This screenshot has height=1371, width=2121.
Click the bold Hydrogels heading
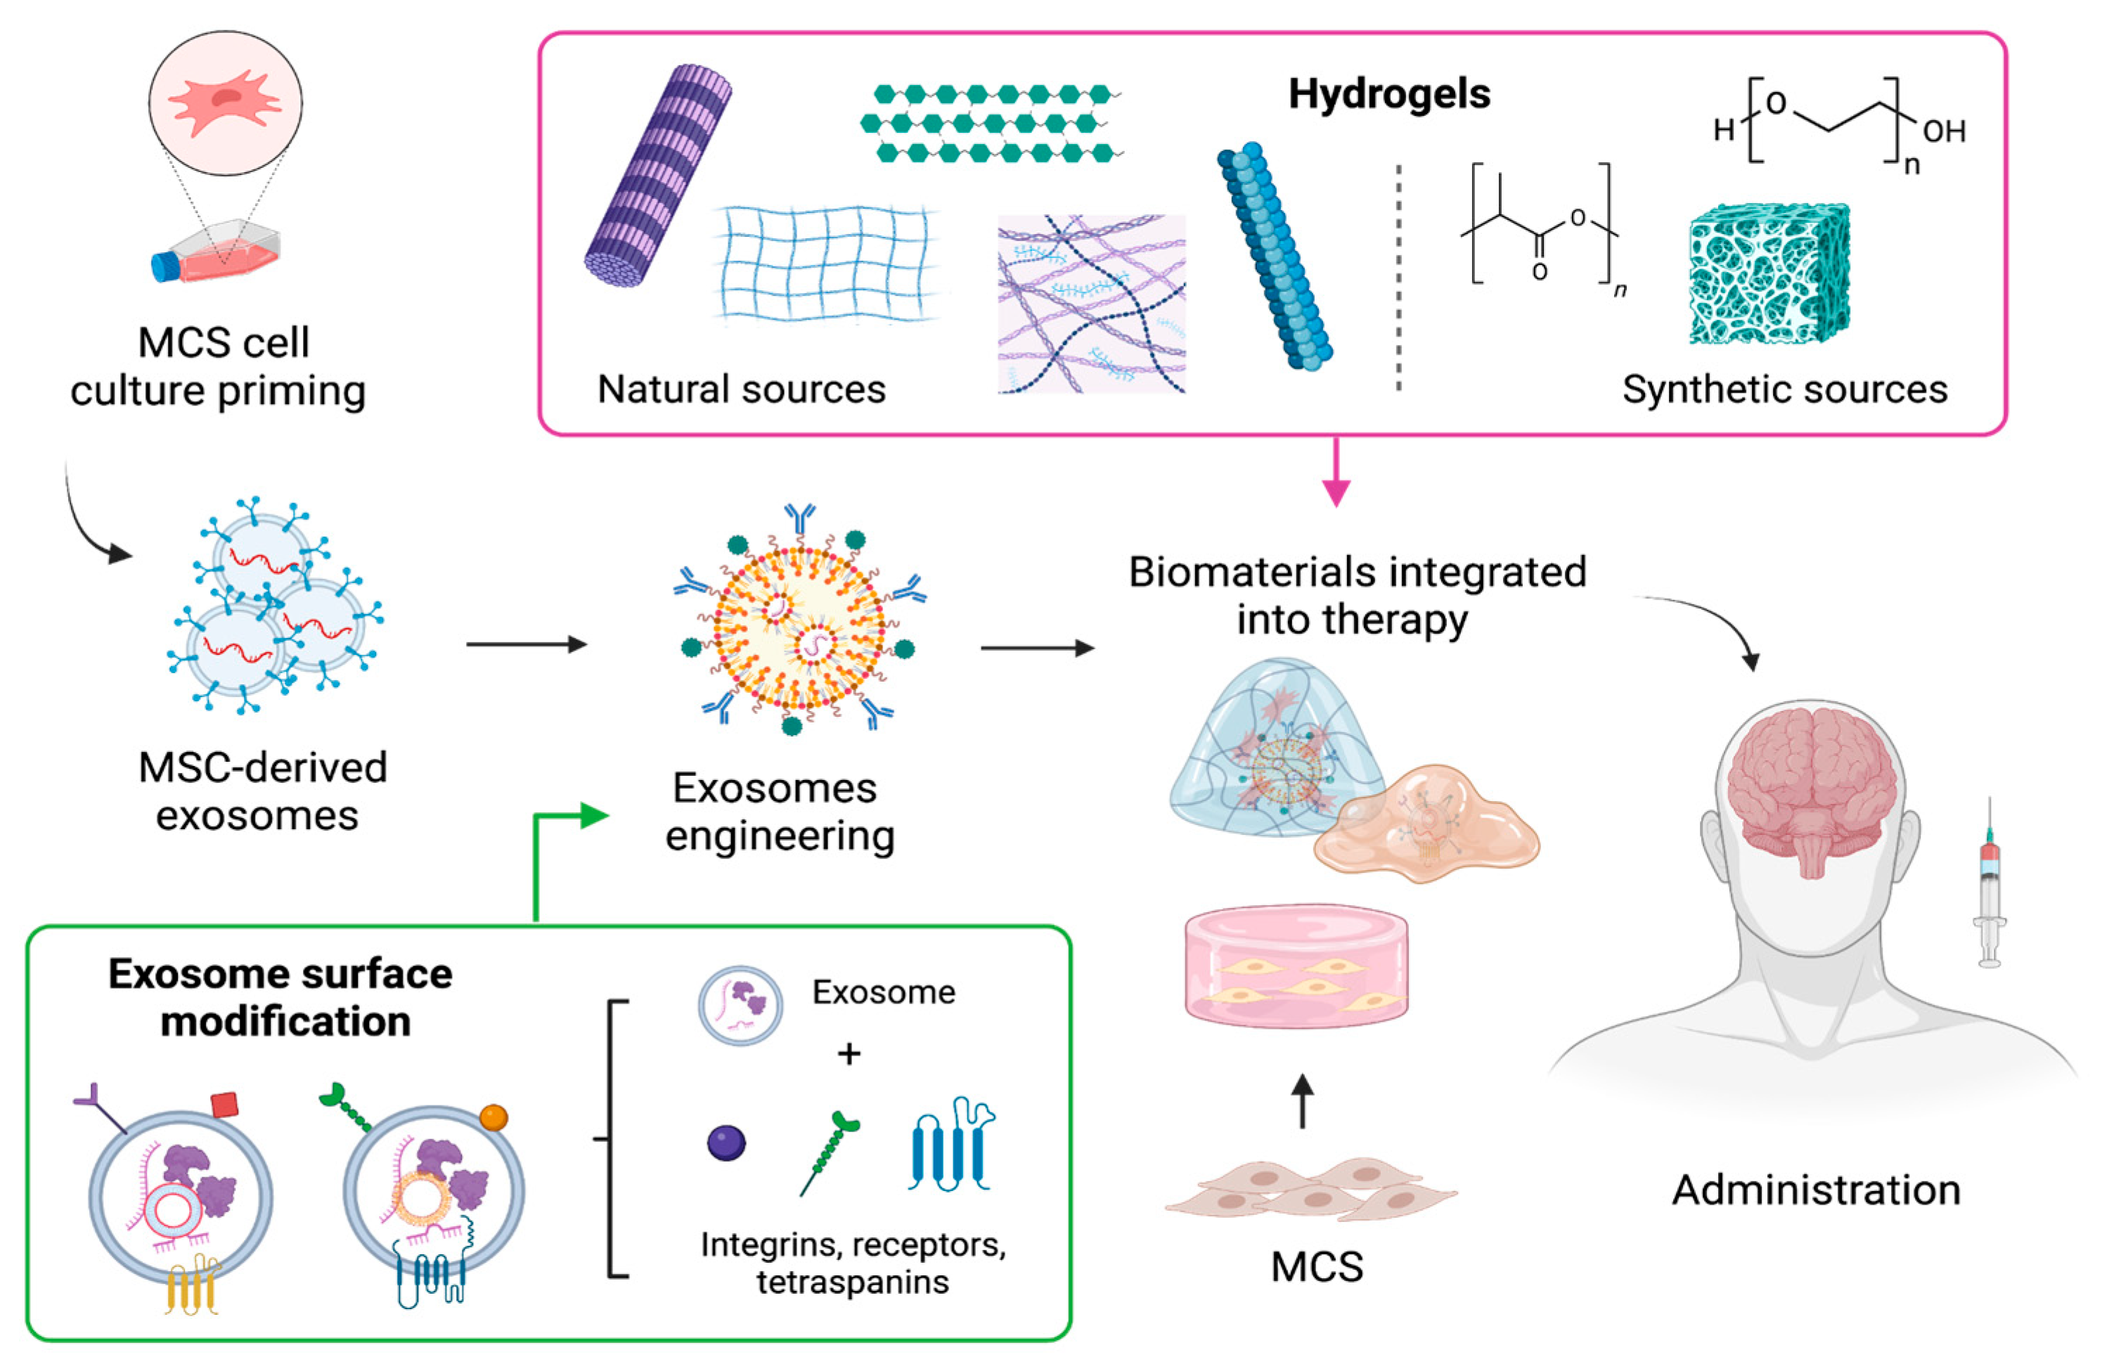tap(1388, 93)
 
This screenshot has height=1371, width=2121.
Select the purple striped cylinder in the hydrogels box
tap(657, 176)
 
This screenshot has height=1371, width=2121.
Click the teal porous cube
tap(1768, 274)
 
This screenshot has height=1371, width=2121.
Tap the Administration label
tap(1816, 1190)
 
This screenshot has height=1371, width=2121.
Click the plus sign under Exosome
tap(849, 1054)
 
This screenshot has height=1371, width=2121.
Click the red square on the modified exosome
tap(224, 1105)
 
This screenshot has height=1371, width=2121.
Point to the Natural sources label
tap(741, 389)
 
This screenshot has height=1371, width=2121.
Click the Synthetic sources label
tap(1784, 389)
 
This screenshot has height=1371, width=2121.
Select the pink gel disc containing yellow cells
tap(1296, 967)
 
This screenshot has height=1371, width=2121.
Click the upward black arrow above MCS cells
tap(1302, 1101)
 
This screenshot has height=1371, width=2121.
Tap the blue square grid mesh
tap(825, 263)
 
